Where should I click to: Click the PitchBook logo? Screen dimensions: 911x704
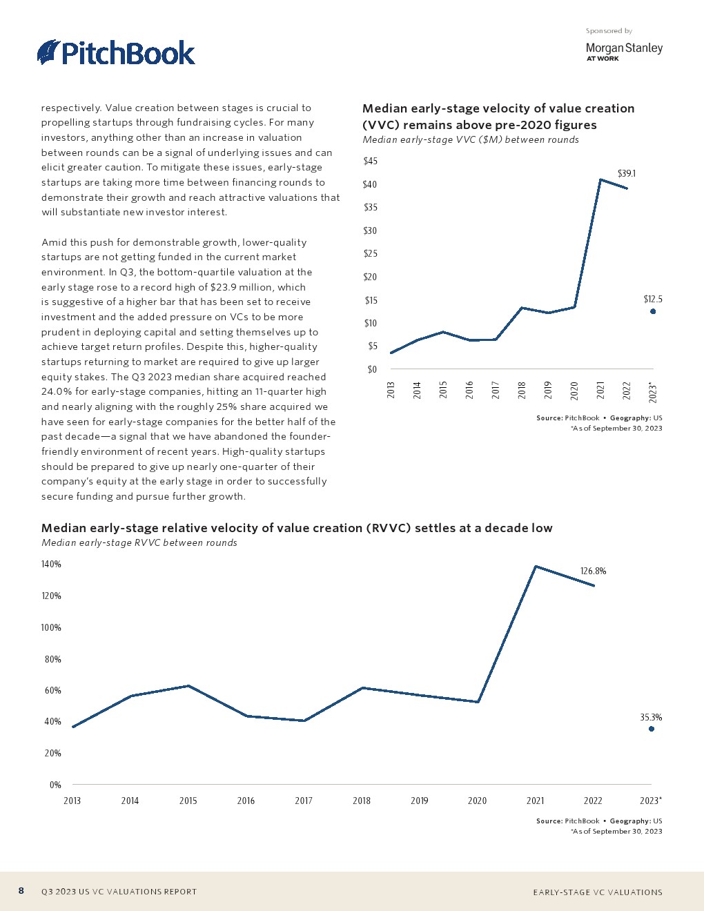[116, 53]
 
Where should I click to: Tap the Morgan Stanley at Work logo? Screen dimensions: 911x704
[623, 51]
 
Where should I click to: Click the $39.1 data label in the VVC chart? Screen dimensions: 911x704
[626, 173]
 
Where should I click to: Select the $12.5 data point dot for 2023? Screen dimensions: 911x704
[653, 311]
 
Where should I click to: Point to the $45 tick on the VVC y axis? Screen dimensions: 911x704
[370, 161]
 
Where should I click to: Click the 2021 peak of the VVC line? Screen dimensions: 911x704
[600, 180]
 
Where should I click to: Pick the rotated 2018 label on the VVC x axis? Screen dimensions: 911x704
[522, 390]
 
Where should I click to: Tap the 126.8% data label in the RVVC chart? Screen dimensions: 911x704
[593, 571]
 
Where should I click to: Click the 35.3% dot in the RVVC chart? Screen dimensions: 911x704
[652, 729]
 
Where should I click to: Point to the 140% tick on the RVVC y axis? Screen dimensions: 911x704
[52, 565]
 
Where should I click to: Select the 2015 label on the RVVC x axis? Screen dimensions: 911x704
[188, 801]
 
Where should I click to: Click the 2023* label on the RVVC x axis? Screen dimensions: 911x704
[651, 801]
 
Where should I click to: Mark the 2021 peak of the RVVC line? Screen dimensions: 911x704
[536, 567]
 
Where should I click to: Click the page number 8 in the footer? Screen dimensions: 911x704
[21, 891]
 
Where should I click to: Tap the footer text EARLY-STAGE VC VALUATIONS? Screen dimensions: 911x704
[597, 892]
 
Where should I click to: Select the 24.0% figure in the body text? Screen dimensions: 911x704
[55, 391]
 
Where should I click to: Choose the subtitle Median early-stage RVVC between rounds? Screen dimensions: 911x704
[139, 542]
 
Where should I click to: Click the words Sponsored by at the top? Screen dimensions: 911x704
[609, 31]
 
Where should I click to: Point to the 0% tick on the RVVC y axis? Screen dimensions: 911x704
[55, 785]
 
